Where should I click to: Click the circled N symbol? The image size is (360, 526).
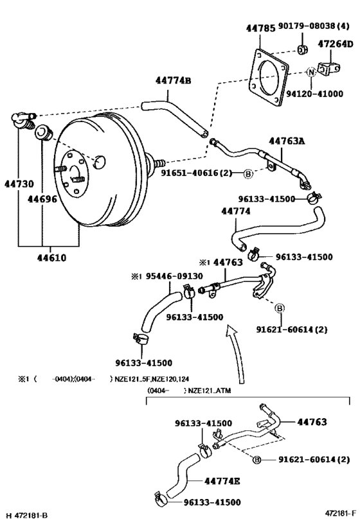pyautogui.click(x=312, y=72)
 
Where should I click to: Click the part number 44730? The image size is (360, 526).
pyautogui.click(x=17, y=184)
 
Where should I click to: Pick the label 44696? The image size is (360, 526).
pyautogui.click(x=42, y=199)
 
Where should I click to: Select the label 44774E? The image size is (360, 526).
pyautogui.click(x=224, y=480)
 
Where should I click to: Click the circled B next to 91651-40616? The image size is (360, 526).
pyautogui.click(x=248, y=173)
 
